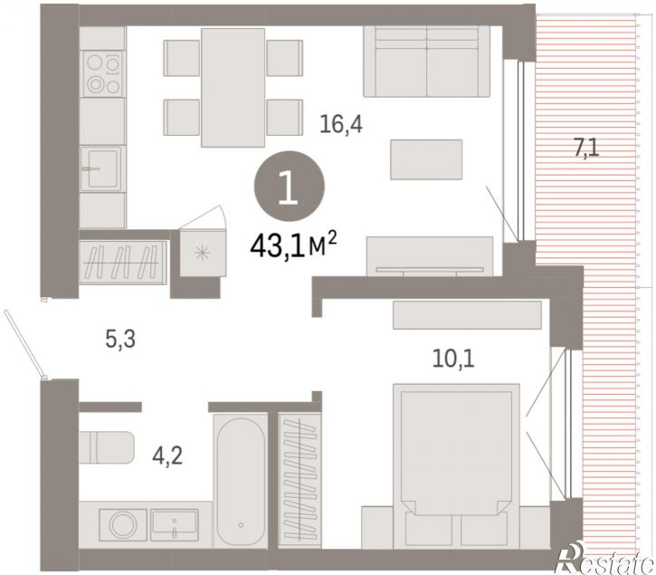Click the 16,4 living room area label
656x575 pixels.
tap(341, 124)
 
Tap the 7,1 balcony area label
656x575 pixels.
tap(586, 149)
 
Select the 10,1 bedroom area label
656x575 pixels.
tap(453, 359)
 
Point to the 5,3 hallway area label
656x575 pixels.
tap(120, 339)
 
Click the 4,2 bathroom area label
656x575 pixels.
tap(167, 455)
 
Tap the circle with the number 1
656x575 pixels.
tap(289, 186)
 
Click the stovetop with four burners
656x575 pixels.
tap(103, 73)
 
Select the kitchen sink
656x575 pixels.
tap(100, 168)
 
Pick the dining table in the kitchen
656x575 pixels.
tap(233, 88)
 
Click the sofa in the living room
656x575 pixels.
tap(427, 62)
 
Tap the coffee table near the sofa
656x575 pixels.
tap(426, 159)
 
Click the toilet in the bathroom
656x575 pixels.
tap(107, 447)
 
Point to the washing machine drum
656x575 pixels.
tap(122, 524)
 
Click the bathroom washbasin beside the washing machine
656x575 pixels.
tap(175, 525)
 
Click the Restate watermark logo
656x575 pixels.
tap(604, 559)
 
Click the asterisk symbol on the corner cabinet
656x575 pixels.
tap(203, 253)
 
